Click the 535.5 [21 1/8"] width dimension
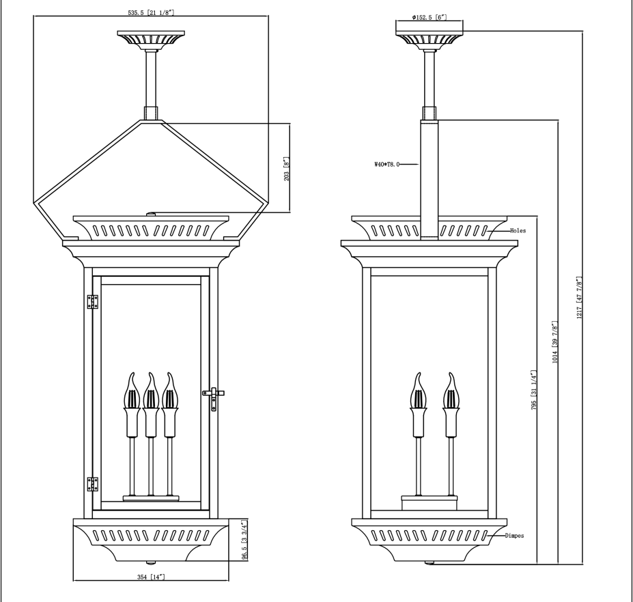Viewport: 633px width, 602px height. pos(150,12)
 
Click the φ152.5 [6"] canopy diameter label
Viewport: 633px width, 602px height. pos(429,16)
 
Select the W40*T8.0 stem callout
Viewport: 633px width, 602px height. pos(386,164)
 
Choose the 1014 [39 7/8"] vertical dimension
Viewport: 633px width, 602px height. pos(557,342)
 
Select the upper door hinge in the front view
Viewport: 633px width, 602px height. pos(93,302)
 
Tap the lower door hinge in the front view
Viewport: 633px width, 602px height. pos(93,484)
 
